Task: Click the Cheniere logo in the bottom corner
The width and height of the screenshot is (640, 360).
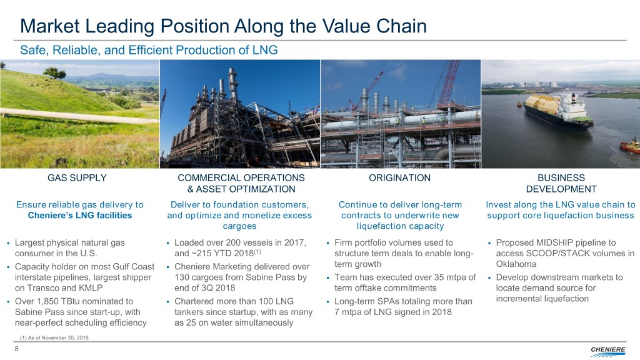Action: tap(607, 351)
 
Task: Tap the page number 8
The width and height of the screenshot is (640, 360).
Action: tap(17, 349)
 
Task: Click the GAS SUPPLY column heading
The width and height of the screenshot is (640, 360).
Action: tap(77, 178)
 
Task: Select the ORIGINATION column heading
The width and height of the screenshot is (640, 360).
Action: tap(399, 178)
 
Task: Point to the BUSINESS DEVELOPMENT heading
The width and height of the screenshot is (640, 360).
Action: tap(561, 183)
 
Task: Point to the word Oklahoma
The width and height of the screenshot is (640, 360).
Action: tap(516, 264)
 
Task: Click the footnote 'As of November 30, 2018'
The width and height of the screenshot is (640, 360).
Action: tap(58, 337)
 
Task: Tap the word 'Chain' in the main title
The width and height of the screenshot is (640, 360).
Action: tap(401, 26)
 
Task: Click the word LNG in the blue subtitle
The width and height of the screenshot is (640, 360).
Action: tap(265, 50)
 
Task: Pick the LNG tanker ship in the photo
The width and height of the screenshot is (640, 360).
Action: tap(558, 111)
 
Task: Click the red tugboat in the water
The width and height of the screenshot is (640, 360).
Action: tap(630, 146)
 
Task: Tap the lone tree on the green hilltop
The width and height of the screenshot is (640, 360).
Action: tap(55, 73)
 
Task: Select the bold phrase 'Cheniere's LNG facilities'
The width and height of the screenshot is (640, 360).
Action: tap(80, 216)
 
